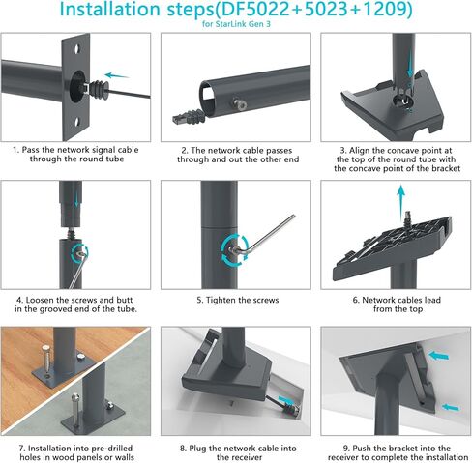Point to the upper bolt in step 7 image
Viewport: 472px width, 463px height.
pos(44,341)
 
